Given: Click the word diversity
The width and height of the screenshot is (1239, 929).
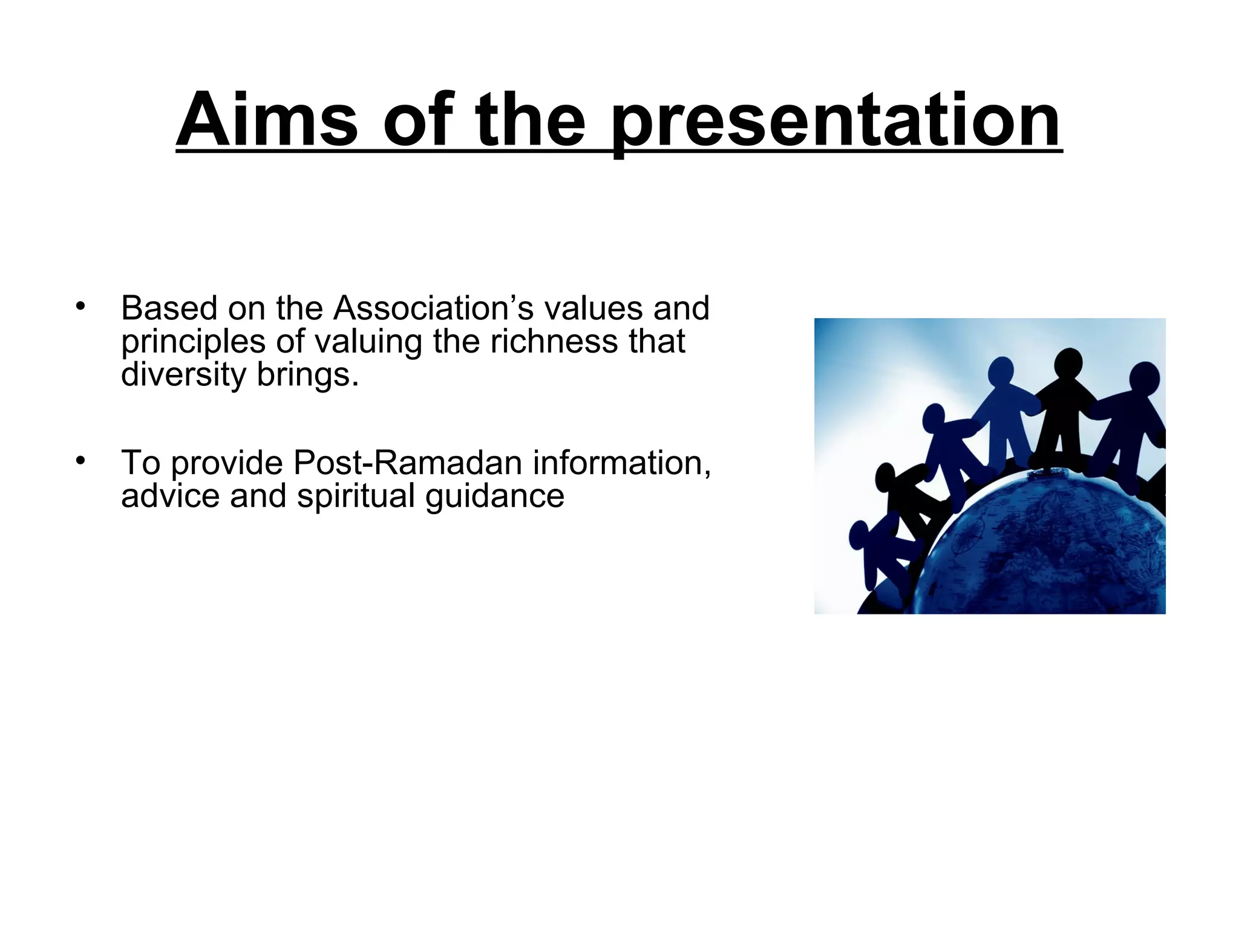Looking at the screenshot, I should pyautogui.click(x=183, y=375).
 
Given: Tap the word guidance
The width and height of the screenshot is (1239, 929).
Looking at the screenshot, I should pyautogui.click(x=494, y=498).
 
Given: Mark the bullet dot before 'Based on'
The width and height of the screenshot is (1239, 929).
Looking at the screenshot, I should pyautogui.click(x=80, y=306).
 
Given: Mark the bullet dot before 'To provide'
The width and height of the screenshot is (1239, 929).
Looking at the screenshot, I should pyautogui.click(x=80, y=461).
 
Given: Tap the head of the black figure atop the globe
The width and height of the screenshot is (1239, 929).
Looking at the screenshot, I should pyautogui.click(x=1068, y=363).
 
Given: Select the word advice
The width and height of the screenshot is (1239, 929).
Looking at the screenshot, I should pyautogui.click(x=170, y=497).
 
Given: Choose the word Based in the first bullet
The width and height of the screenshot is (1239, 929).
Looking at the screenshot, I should pyautogui.click(x=169, y=308).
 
